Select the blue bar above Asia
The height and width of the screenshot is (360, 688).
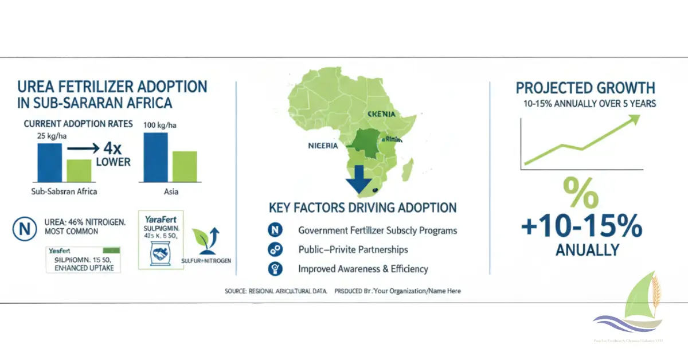[157, 158]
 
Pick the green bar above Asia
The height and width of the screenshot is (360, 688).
[185, 167]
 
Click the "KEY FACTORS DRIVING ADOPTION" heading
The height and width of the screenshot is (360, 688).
[362, 208]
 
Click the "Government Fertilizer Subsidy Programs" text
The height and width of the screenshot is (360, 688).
[377, 230]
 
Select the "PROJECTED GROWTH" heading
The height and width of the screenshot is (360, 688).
[585, 88]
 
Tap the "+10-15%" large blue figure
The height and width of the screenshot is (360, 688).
[581, 227]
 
